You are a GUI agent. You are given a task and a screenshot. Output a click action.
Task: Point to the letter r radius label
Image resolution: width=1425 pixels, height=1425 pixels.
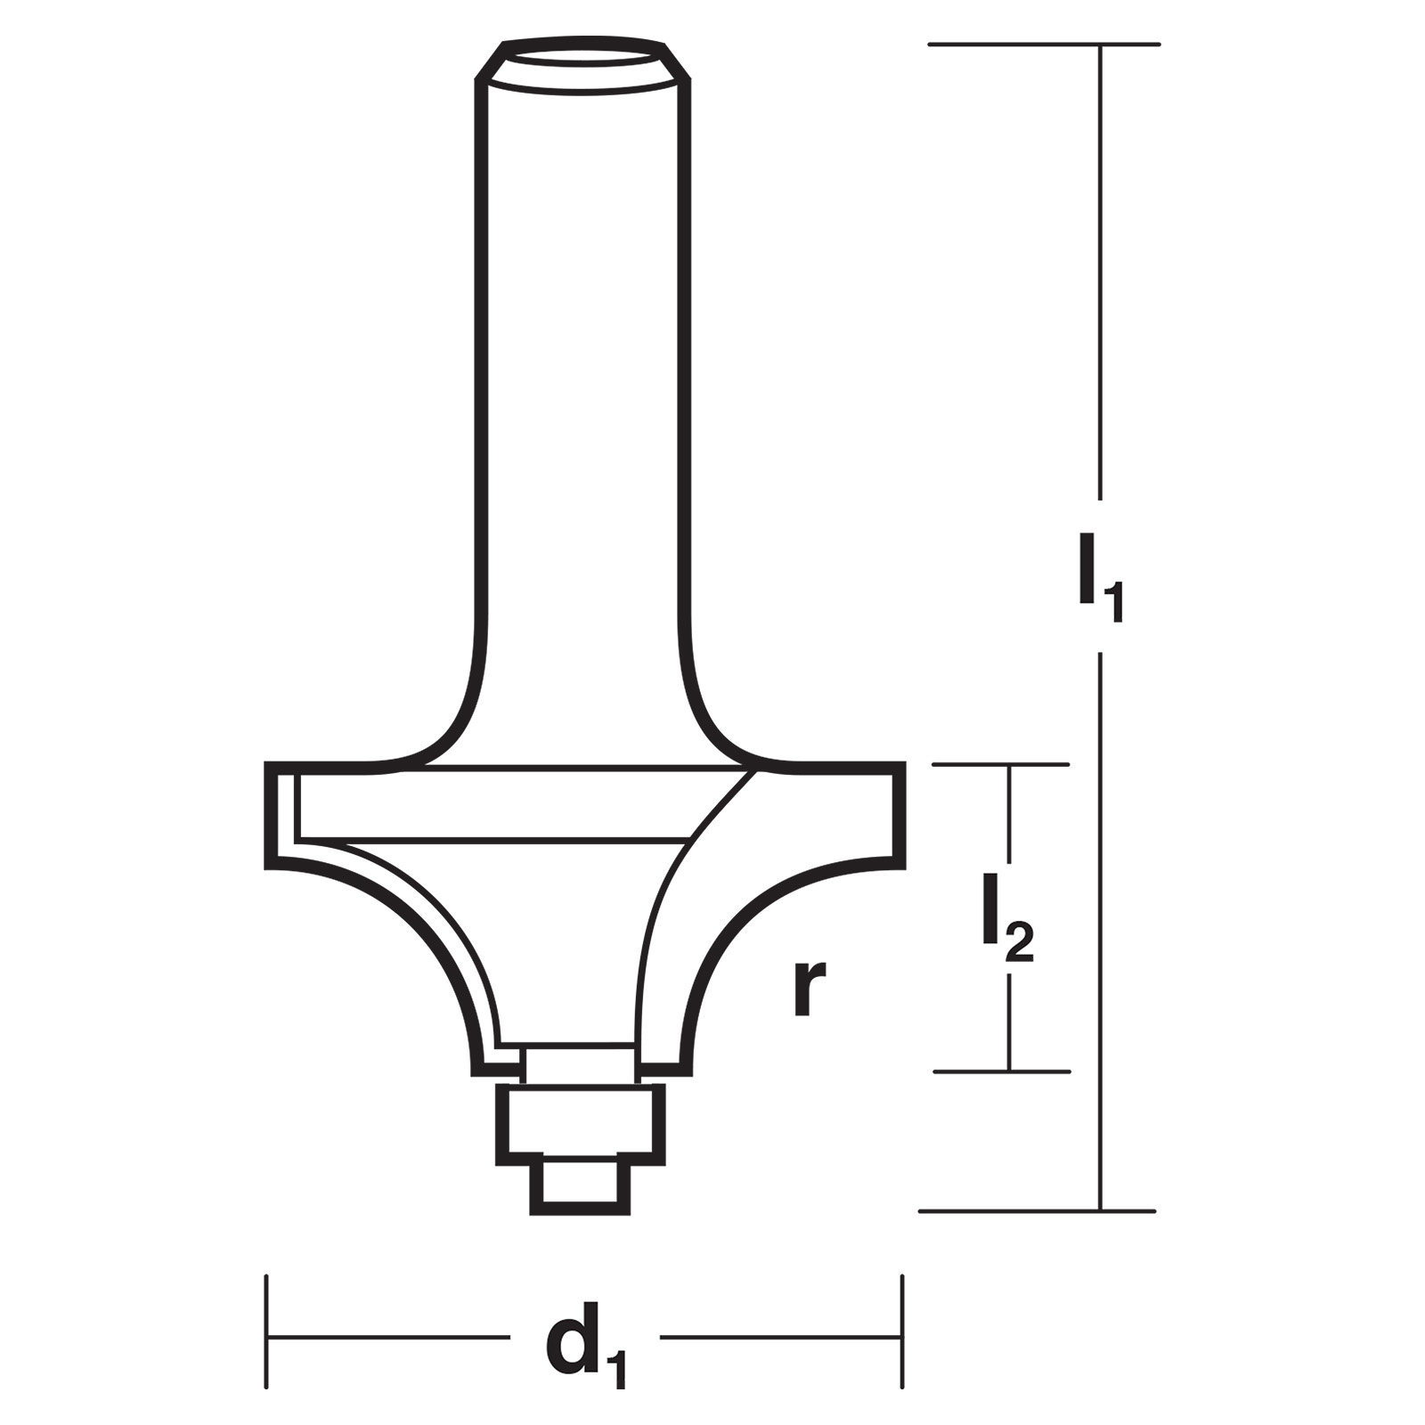click(809, 988)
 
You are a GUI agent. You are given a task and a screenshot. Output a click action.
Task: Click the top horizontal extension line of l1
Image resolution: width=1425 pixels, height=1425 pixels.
click(1044, 44)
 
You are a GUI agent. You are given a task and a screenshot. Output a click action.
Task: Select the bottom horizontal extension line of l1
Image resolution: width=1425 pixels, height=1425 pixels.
click(1037, 1211)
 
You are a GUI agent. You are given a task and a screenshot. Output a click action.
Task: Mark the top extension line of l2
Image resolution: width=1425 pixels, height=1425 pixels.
click(1000, 764)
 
